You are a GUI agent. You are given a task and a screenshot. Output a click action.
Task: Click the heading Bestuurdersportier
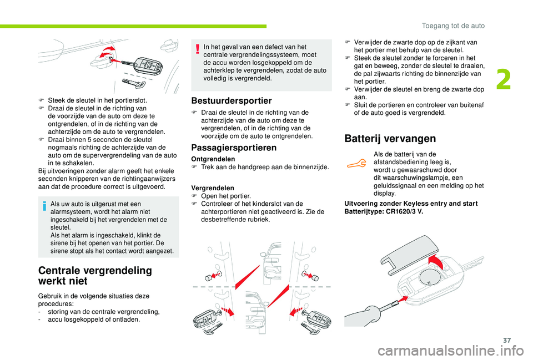point(231,100)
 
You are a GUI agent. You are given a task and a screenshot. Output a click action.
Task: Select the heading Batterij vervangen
point(390,138)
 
